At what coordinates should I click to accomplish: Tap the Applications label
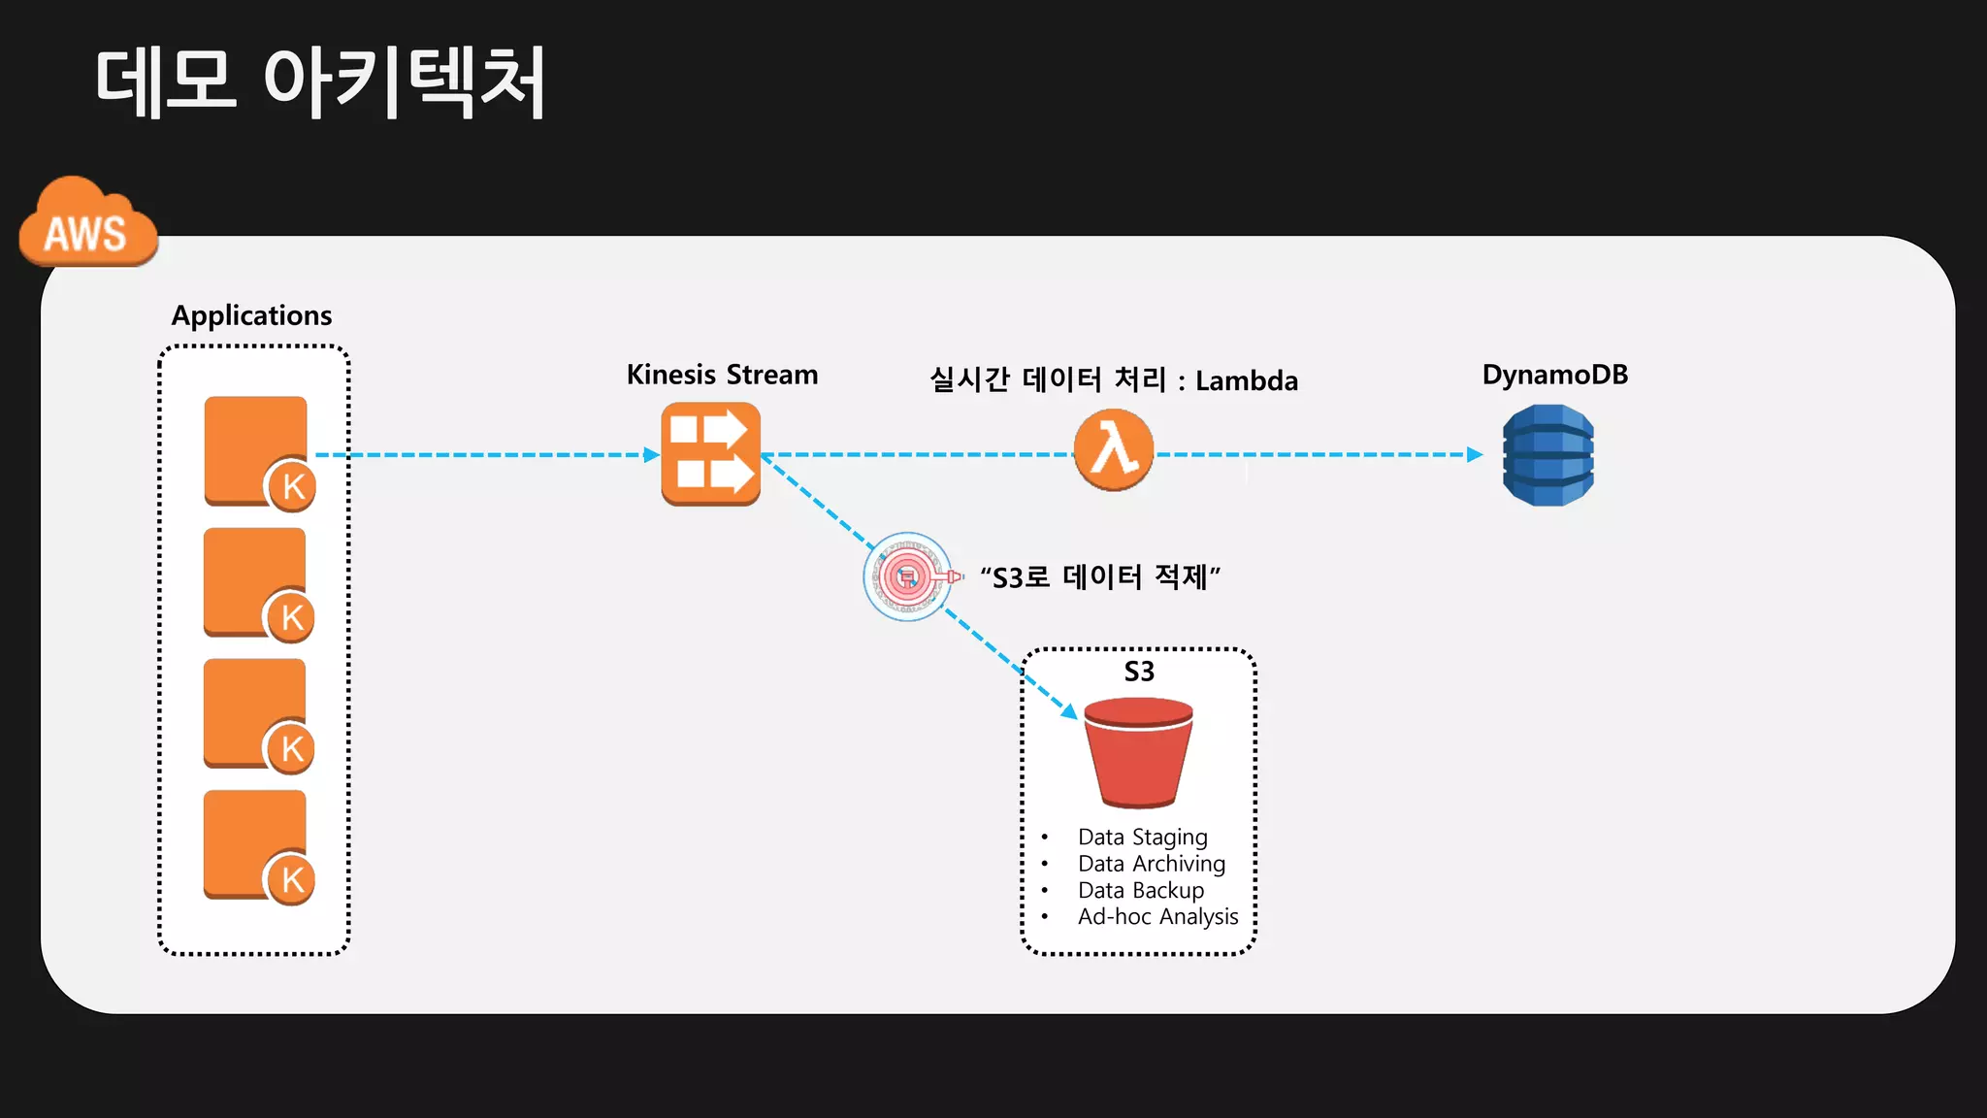(251, 315)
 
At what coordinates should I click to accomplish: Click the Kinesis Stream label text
(722, 375)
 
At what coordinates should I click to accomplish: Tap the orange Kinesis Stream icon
(711, 454)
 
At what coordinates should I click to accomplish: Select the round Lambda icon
(1114, 450)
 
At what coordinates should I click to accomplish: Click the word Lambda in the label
(1247, 380)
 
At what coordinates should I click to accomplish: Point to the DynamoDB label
(1554, 375)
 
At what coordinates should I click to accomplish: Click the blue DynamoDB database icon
(1547, 455)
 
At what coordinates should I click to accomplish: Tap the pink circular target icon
(907, 576)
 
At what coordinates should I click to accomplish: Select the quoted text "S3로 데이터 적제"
(1100, 577)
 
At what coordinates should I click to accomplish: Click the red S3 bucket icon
(1138, 753)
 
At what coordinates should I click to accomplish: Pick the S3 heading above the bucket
(1139, 672)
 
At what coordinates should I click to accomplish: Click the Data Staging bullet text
(1142, 837)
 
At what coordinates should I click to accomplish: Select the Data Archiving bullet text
(1152, 864)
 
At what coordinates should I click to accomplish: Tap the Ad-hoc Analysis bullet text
(1157, 917)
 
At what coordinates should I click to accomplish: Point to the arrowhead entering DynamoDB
(1475, 454)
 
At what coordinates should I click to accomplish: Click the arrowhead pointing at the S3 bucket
(1069, 712)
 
